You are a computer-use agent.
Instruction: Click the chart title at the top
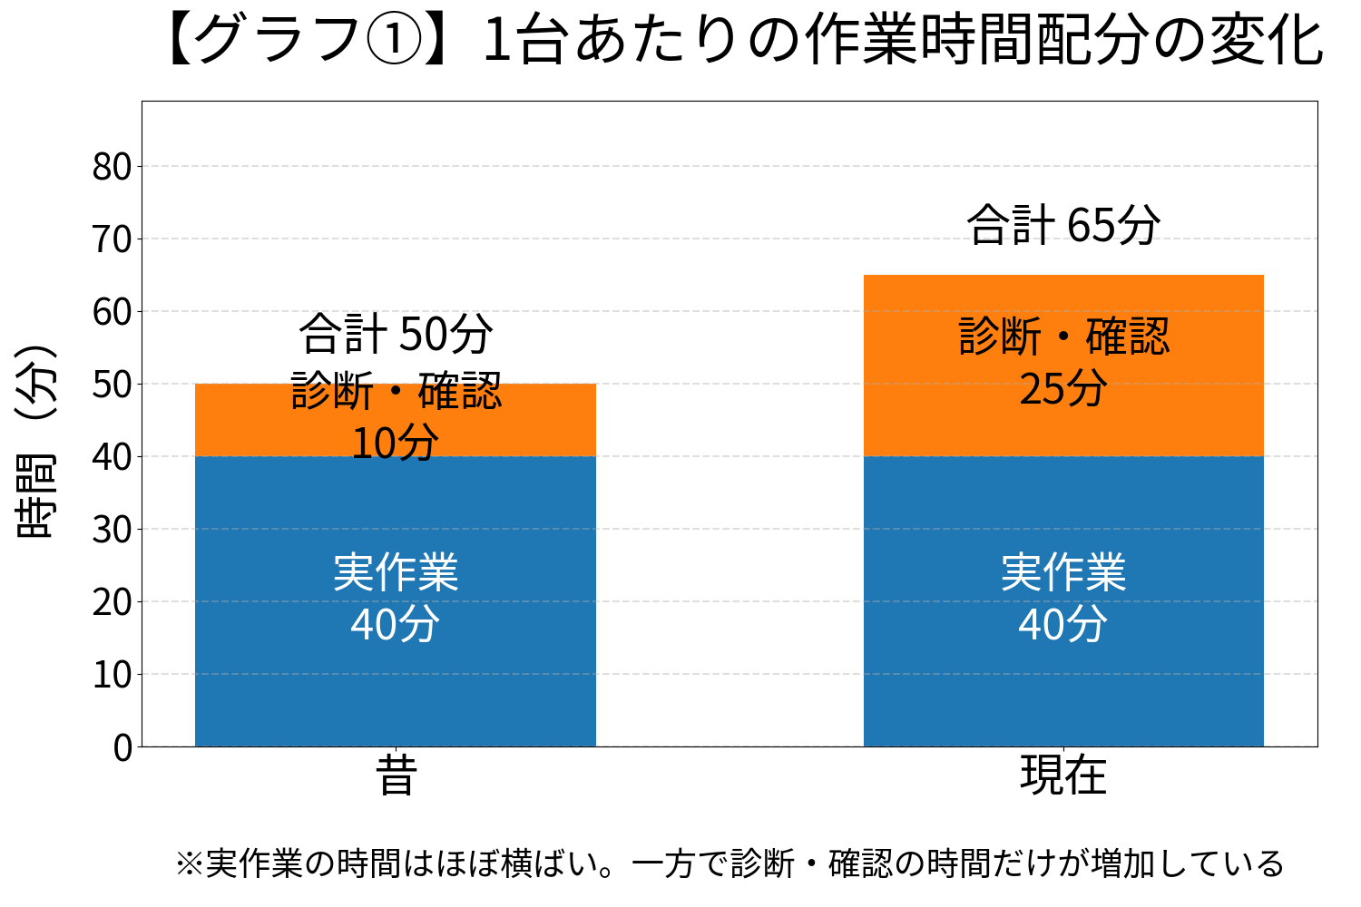[744, 42]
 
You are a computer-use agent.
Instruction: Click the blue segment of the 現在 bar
[1063, 689]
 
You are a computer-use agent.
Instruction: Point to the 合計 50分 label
[396, 334]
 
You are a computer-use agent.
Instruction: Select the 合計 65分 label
[1063, 225]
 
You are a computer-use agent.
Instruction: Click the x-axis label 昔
[396, 776]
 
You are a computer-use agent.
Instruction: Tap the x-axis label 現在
[1063, 776]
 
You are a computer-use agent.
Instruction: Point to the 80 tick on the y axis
[112, 167]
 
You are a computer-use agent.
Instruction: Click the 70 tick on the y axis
[112, 239]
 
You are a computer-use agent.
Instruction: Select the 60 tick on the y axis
[112, 312]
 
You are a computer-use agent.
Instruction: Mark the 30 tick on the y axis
[112, 530]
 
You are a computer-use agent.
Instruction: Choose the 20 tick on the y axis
[112, 602]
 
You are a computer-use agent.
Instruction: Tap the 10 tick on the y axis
[112, 675]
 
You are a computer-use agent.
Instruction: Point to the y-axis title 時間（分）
[36, 442]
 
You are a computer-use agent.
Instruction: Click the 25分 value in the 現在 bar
[1063, 389]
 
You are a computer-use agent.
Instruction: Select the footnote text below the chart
[729, 863]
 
